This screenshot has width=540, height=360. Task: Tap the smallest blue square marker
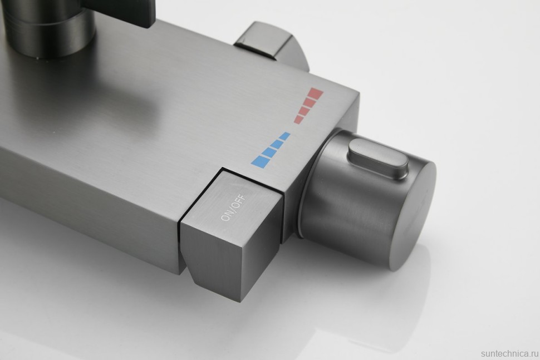[284, 136]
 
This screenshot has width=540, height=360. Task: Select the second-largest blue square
[268, 152]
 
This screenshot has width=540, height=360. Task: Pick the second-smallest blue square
[277, 144]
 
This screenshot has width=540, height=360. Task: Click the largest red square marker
[316, 93]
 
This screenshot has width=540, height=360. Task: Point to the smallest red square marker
[298, 120]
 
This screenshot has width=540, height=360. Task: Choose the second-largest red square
[310, 102]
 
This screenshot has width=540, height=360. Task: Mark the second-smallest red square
[304, 111]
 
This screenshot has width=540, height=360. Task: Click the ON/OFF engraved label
[233, 208]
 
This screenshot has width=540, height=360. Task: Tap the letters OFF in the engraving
[239, 201]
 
